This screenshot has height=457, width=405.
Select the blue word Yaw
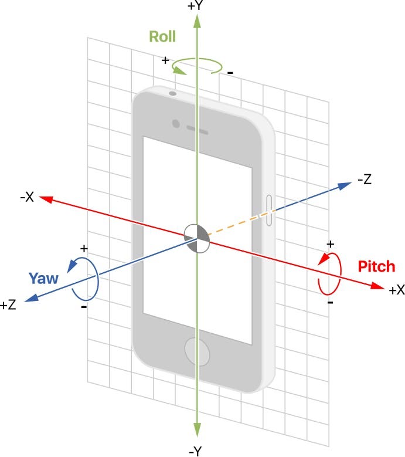point(44,278)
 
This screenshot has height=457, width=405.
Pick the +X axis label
point(397,290)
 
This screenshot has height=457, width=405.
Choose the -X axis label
point(26,198)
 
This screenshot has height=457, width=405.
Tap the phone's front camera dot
point(176,124)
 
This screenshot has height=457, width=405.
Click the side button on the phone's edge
point(270,210)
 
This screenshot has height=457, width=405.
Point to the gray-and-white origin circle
point(196,238)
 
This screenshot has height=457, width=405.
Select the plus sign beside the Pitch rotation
point(330,243)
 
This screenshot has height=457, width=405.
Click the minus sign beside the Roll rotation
point(230,72)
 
